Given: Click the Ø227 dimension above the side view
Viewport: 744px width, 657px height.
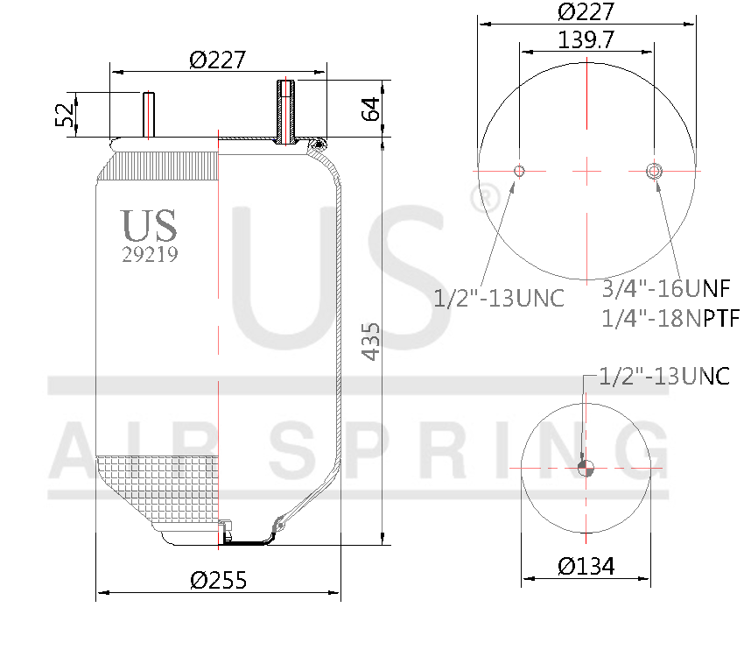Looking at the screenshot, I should coord(217,60).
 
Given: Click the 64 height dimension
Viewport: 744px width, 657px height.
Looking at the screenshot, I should coord(370,109).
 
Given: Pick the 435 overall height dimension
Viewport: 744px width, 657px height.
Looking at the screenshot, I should coord(370,341).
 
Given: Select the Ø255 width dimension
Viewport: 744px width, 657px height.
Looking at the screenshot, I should coord(218,580).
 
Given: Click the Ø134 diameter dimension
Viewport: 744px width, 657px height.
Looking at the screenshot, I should coord(586,566).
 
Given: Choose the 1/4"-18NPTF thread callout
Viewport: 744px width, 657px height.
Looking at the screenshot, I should coord(670,317).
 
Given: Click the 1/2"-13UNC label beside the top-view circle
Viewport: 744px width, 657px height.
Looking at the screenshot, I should coord(499,298).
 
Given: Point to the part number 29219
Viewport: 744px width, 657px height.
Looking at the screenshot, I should coord(150,255).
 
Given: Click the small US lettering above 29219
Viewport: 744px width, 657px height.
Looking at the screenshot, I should coord(150,225).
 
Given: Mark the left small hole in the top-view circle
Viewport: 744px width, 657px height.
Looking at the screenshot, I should coord(519,170).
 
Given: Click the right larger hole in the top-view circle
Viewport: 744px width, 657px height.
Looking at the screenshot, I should coord(653,170).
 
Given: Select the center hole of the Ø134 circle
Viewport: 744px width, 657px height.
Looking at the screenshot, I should coord(586,468).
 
